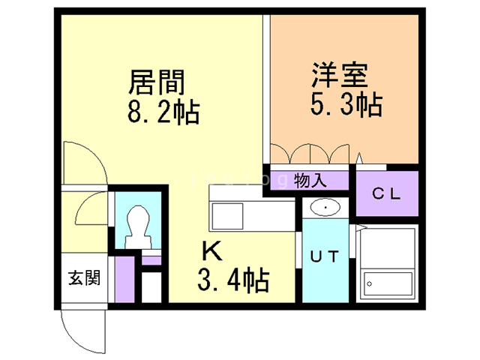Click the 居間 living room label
point(157,82)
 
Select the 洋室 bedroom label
point(340,75)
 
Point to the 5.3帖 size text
point(346,104)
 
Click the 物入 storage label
point(310,180)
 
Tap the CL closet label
point(386,193)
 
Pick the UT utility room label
point(325,256)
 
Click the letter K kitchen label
point(212,250)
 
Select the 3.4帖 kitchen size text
point(233,280)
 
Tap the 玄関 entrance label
point(84,278)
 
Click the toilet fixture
point(139,227)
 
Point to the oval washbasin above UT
point(325,208)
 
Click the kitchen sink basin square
point(227,216)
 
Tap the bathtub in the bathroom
point(387,283)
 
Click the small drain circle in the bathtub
point(369,283)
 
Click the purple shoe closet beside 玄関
point(124,279)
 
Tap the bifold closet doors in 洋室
point(310,154)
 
